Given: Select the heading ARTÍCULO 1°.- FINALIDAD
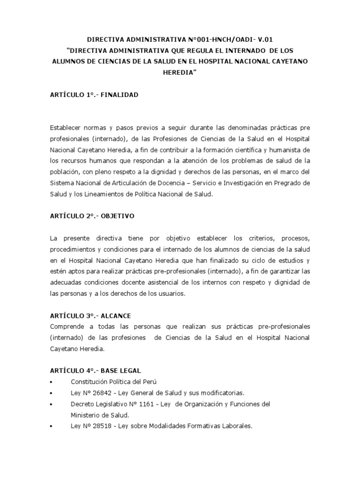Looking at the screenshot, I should tap(94, 95).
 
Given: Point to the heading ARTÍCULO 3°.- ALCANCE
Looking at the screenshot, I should tap(91, 316).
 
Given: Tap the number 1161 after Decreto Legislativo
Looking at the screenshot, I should tap(145, 404).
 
